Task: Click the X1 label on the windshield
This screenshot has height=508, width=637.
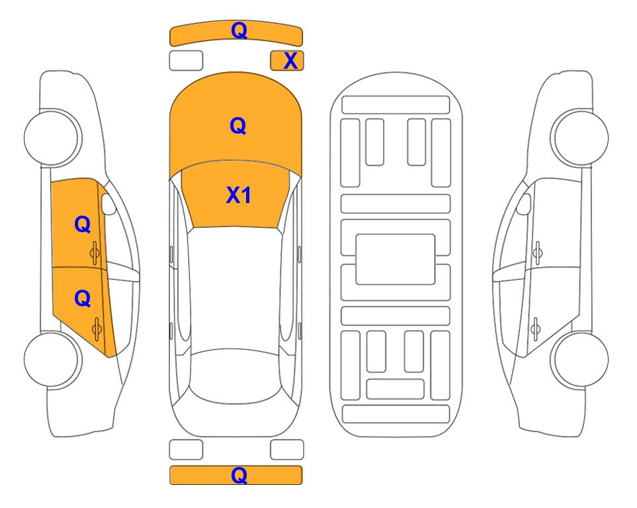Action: coord(239,195)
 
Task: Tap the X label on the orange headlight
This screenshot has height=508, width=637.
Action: coord(290,61)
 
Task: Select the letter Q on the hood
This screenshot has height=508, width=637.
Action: coord(238,126)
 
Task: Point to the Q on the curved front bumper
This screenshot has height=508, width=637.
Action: coord(239,30)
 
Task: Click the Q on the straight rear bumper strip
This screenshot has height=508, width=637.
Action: coord(239,476)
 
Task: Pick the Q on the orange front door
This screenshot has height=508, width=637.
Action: coord(83,224)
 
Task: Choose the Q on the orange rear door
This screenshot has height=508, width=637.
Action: coord(83,299)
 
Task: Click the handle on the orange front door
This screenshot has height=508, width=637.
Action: coord(95,253)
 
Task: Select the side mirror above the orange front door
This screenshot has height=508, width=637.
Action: coord(108,204)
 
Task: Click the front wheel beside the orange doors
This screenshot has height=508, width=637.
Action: coord(53,138)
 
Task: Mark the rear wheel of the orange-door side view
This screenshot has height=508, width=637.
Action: coord(53,359)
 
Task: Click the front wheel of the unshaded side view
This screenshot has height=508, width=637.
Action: coord(579,138)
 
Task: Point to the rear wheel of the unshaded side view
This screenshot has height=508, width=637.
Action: coord(579,359)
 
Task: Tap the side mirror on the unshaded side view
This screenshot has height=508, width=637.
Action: coord(524,204)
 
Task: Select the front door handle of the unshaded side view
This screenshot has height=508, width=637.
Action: coord(537,253)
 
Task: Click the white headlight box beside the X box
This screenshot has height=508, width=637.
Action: coord(186,61)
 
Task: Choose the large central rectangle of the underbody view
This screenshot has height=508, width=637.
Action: coord(396,259)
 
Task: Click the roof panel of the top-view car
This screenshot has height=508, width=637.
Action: coord(235,288)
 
